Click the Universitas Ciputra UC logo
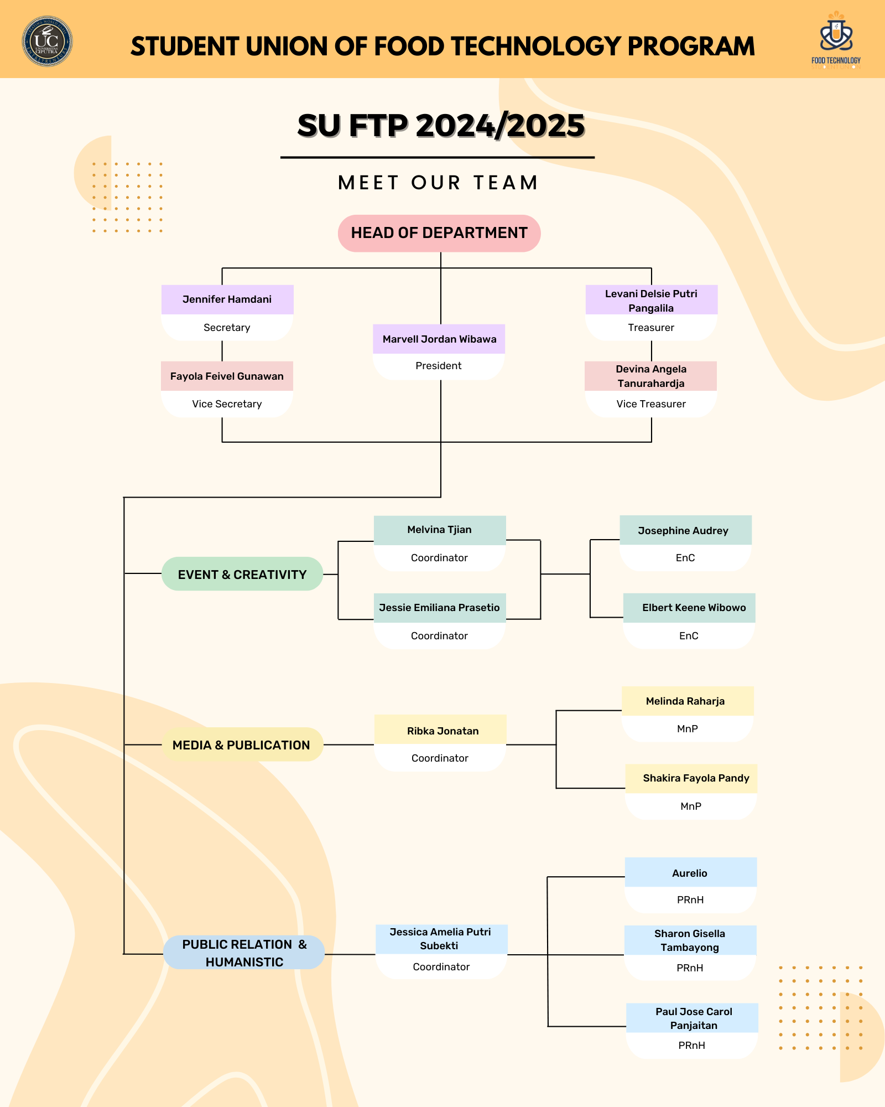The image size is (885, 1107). (x=47, y=41)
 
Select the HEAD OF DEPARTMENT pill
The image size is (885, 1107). (x=439, y=233)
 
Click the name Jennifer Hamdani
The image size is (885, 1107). (x=227, y=299)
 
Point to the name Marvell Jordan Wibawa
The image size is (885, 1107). (x=439, y=339)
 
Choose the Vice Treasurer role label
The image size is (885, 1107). (x=651, y=404)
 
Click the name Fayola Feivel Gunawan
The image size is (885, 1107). (x=227, y=376)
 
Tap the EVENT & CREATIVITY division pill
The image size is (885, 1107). (x=242, y=575)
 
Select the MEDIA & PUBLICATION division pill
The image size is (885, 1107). (x=241, y=745)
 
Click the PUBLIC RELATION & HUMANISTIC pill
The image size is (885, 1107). (x=244, y=953)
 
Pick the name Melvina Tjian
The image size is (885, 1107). (x=439, y=530)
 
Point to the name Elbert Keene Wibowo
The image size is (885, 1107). (x=694, y=608)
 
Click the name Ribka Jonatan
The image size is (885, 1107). (x=442, y=731)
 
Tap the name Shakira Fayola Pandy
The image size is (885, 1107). (x=696, y=778)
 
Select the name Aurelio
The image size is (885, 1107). (x=689, y=873)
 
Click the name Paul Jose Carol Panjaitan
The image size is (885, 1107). (x=694, y=1018)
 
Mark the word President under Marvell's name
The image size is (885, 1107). (x=438, y=366)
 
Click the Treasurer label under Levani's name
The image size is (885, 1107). (x=651, y=328)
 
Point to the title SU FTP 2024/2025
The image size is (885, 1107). (x=440, y=126)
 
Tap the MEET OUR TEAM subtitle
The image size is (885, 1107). (x=438, y=183)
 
